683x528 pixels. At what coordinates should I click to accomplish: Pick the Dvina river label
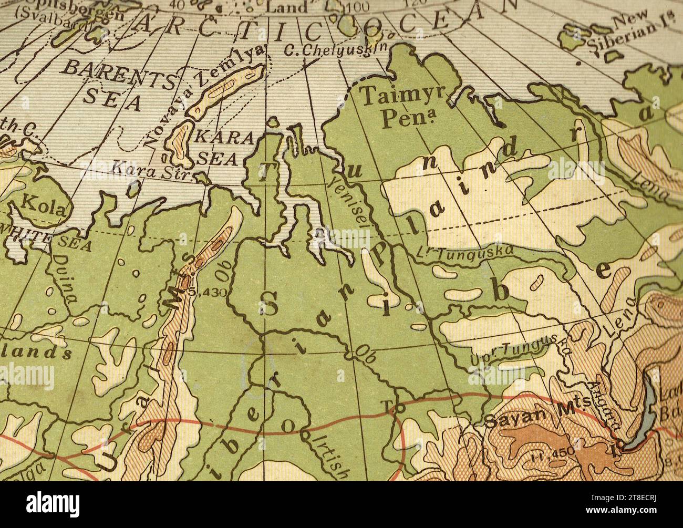66,279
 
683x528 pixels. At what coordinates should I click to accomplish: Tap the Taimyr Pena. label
402,108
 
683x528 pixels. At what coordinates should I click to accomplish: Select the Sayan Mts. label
531,420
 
